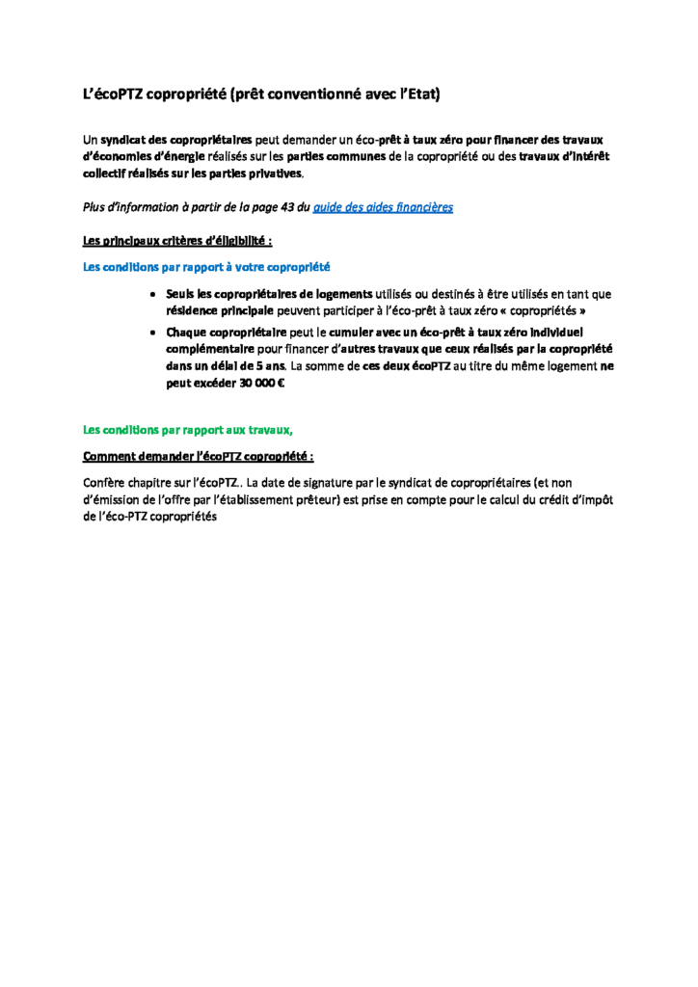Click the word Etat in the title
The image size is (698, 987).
[421, 94]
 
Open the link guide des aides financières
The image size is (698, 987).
[383, 207]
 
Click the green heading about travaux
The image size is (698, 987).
[187, 429]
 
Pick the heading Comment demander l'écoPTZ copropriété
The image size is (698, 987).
[199, 456]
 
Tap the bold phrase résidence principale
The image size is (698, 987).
[221, 311]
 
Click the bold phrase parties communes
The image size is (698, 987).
[336, 156]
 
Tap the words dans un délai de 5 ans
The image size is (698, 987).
[226, 366]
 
